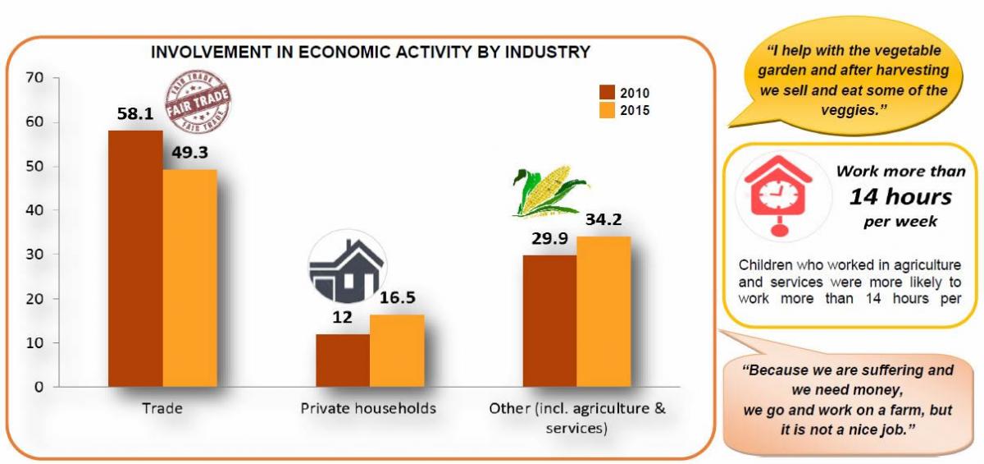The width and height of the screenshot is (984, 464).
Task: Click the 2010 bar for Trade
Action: click(135, 258)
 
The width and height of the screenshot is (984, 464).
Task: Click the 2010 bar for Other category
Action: click(549, 320)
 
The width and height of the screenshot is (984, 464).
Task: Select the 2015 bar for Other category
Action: click(604, 311)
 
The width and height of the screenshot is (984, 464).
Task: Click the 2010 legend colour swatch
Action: click(607, 93)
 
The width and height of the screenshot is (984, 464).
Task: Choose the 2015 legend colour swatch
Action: click(607, 110)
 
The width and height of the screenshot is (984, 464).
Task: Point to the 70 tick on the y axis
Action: click(35, 78)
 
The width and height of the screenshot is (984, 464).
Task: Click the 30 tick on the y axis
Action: click(35, 255)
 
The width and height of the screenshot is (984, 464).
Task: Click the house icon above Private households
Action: click(346, 270)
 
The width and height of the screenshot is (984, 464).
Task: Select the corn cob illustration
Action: click(541, 192)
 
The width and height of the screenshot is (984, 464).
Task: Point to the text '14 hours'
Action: click(900, 196)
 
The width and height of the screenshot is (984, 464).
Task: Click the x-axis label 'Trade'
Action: click(162, 408)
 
